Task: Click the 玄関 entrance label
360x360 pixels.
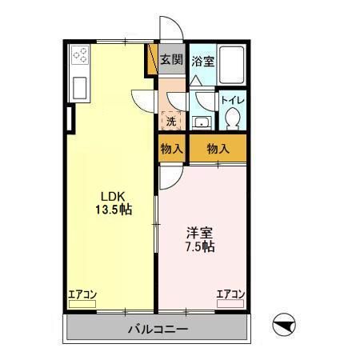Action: [171, 58]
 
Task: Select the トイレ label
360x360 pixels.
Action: [233, 100]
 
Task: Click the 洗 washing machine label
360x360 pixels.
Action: [171, 122]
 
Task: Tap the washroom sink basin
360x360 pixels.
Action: [201, 122]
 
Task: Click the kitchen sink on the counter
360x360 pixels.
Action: [81, 85]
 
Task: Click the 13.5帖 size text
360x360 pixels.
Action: [113, 211]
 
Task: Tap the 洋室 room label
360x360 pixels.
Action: [201, 233]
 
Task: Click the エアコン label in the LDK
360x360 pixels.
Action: [82, 294]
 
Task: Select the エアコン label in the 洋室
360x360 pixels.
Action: [230, 294]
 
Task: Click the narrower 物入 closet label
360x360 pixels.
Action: [171, 149]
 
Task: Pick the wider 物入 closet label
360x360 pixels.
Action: [217, 149]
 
